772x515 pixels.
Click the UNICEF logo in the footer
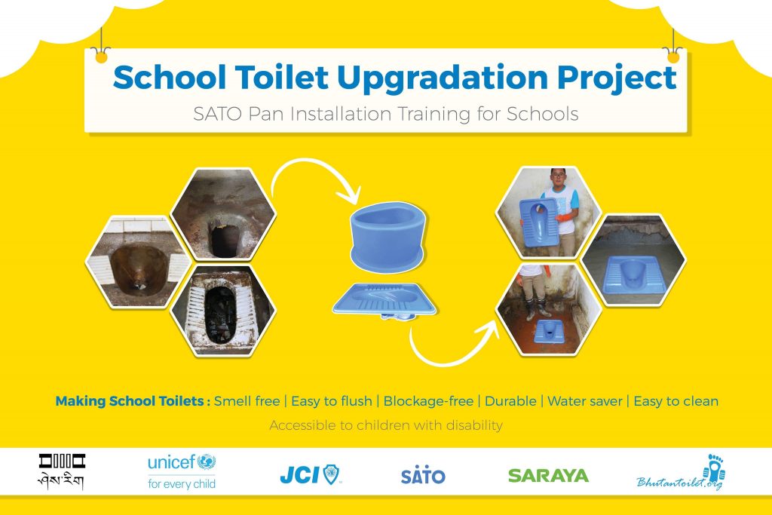coord(182,471)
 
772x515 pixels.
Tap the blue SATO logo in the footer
coord(423,474)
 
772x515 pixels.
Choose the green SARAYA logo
coord(548,476)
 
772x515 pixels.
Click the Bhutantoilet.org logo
coord(681,473)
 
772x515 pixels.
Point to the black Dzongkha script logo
coord(62,472)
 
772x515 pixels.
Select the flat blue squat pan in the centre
coord(384,300)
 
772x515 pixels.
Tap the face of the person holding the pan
coord(558,179)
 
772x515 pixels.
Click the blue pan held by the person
coord(539,222)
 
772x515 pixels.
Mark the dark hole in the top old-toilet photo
coord(225,239)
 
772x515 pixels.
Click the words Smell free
coord(247,401)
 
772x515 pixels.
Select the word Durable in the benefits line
coord(510,401)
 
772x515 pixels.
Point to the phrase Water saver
coord(585,401)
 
